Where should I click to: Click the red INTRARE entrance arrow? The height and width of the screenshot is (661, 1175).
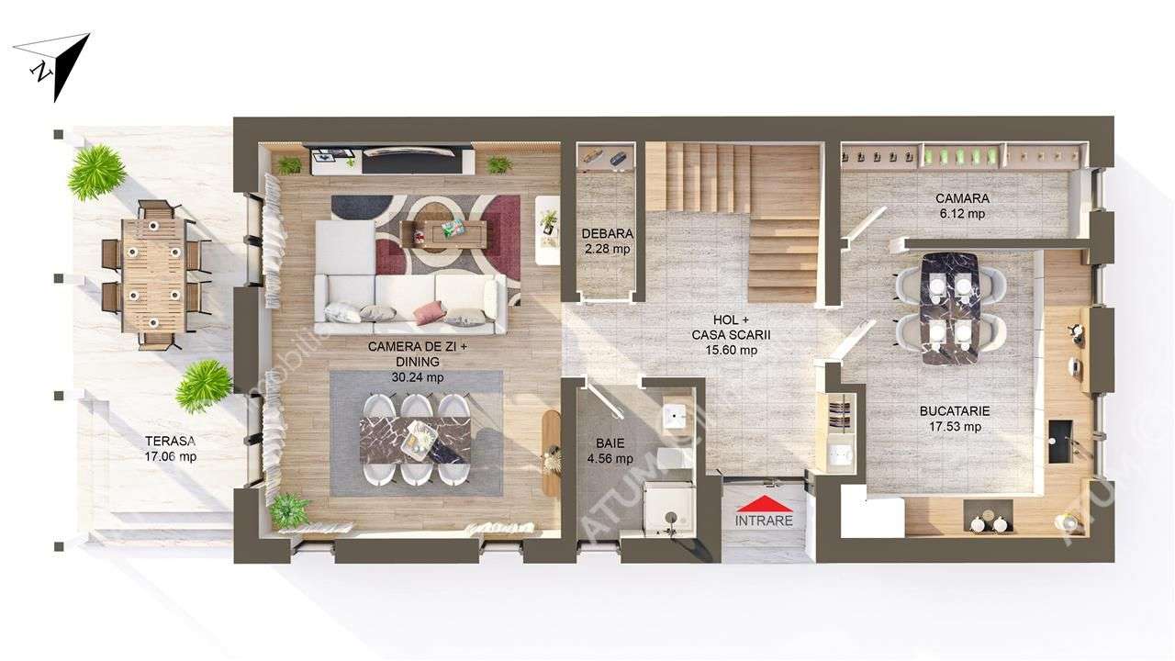tap(764, 504)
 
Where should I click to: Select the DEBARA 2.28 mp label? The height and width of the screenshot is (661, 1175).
tap(607, 241)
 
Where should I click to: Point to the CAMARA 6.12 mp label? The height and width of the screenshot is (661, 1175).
tap(961, 206)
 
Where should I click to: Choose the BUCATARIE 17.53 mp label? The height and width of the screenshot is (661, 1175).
tap(954, 419)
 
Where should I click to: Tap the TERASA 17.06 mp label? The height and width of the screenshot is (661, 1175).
tap(170, 448)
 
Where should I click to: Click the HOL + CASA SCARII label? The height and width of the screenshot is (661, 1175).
tap(724, 335)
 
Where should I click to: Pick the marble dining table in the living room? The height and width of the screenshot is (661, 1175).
tap(416, 440)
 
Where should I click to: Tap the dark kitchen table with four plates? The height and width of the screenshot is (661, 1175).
tap(950, 307)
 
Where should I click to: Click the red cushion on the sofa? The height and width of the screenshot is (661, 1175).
tap(429, 313)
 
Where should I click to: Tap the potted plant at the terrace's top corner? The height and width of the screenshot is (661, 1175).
tap(95, 172)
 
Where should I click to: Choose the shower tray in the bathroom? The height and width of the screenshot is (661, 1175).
tap(668, 509)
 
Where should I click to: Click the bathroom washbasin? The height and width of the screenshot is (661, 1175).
tap(676, 416)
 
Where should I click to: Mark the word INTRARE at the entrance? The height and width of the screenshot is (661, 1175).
tap(764, 521)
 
